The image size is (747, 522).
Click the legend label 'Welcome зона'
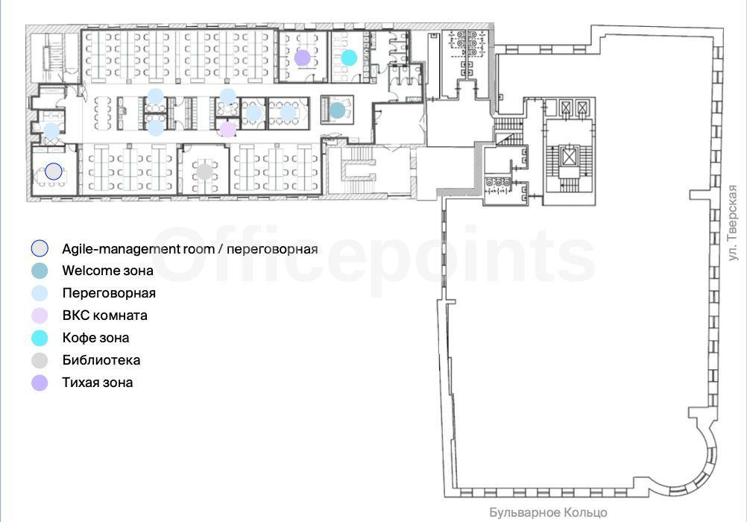tap(107, 271)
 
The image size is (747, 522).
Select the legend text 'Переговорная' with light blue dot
tap(109, 293)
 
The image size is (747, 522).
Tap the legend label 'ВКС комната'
tap(105, 315)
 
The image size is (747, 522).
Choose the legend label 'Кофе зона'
tap(95, 338)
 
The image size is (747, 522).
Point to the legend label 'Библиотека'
tap(101, 360)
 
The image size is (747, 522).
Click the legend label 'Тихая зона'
tap(98, 383)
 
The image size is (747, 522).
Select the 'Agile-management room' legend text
tap(138, 249)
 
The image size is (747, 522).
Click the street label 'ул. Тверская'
tap(733, 223)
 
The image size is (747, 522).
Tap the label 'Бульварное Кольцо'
tap(549, 512)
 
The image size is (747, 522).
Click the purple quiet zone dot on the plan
tap(303, 57)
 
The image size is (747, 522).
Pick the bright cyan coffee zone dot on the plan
tap(349, 57)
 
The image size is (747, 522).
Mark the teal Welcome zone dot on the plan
tap(337, 110)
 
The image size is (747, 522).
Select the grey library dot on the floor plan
tap(205, 172)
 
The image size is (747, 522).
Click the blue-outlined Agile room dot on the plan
tap(54, 171)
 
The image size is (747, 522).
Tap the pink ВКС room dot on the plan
tap(227, 130)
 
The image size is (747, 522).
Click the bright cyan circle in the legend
tap(40, 338)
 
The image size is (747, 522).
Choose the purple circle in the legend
tap(40, 383)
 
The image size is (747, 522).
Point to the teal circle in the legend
tap(40, 271)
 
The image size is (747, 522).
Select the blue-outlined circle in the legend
tap(40, 248)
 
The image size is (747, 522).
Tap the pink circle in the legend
tap(40, 315)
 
